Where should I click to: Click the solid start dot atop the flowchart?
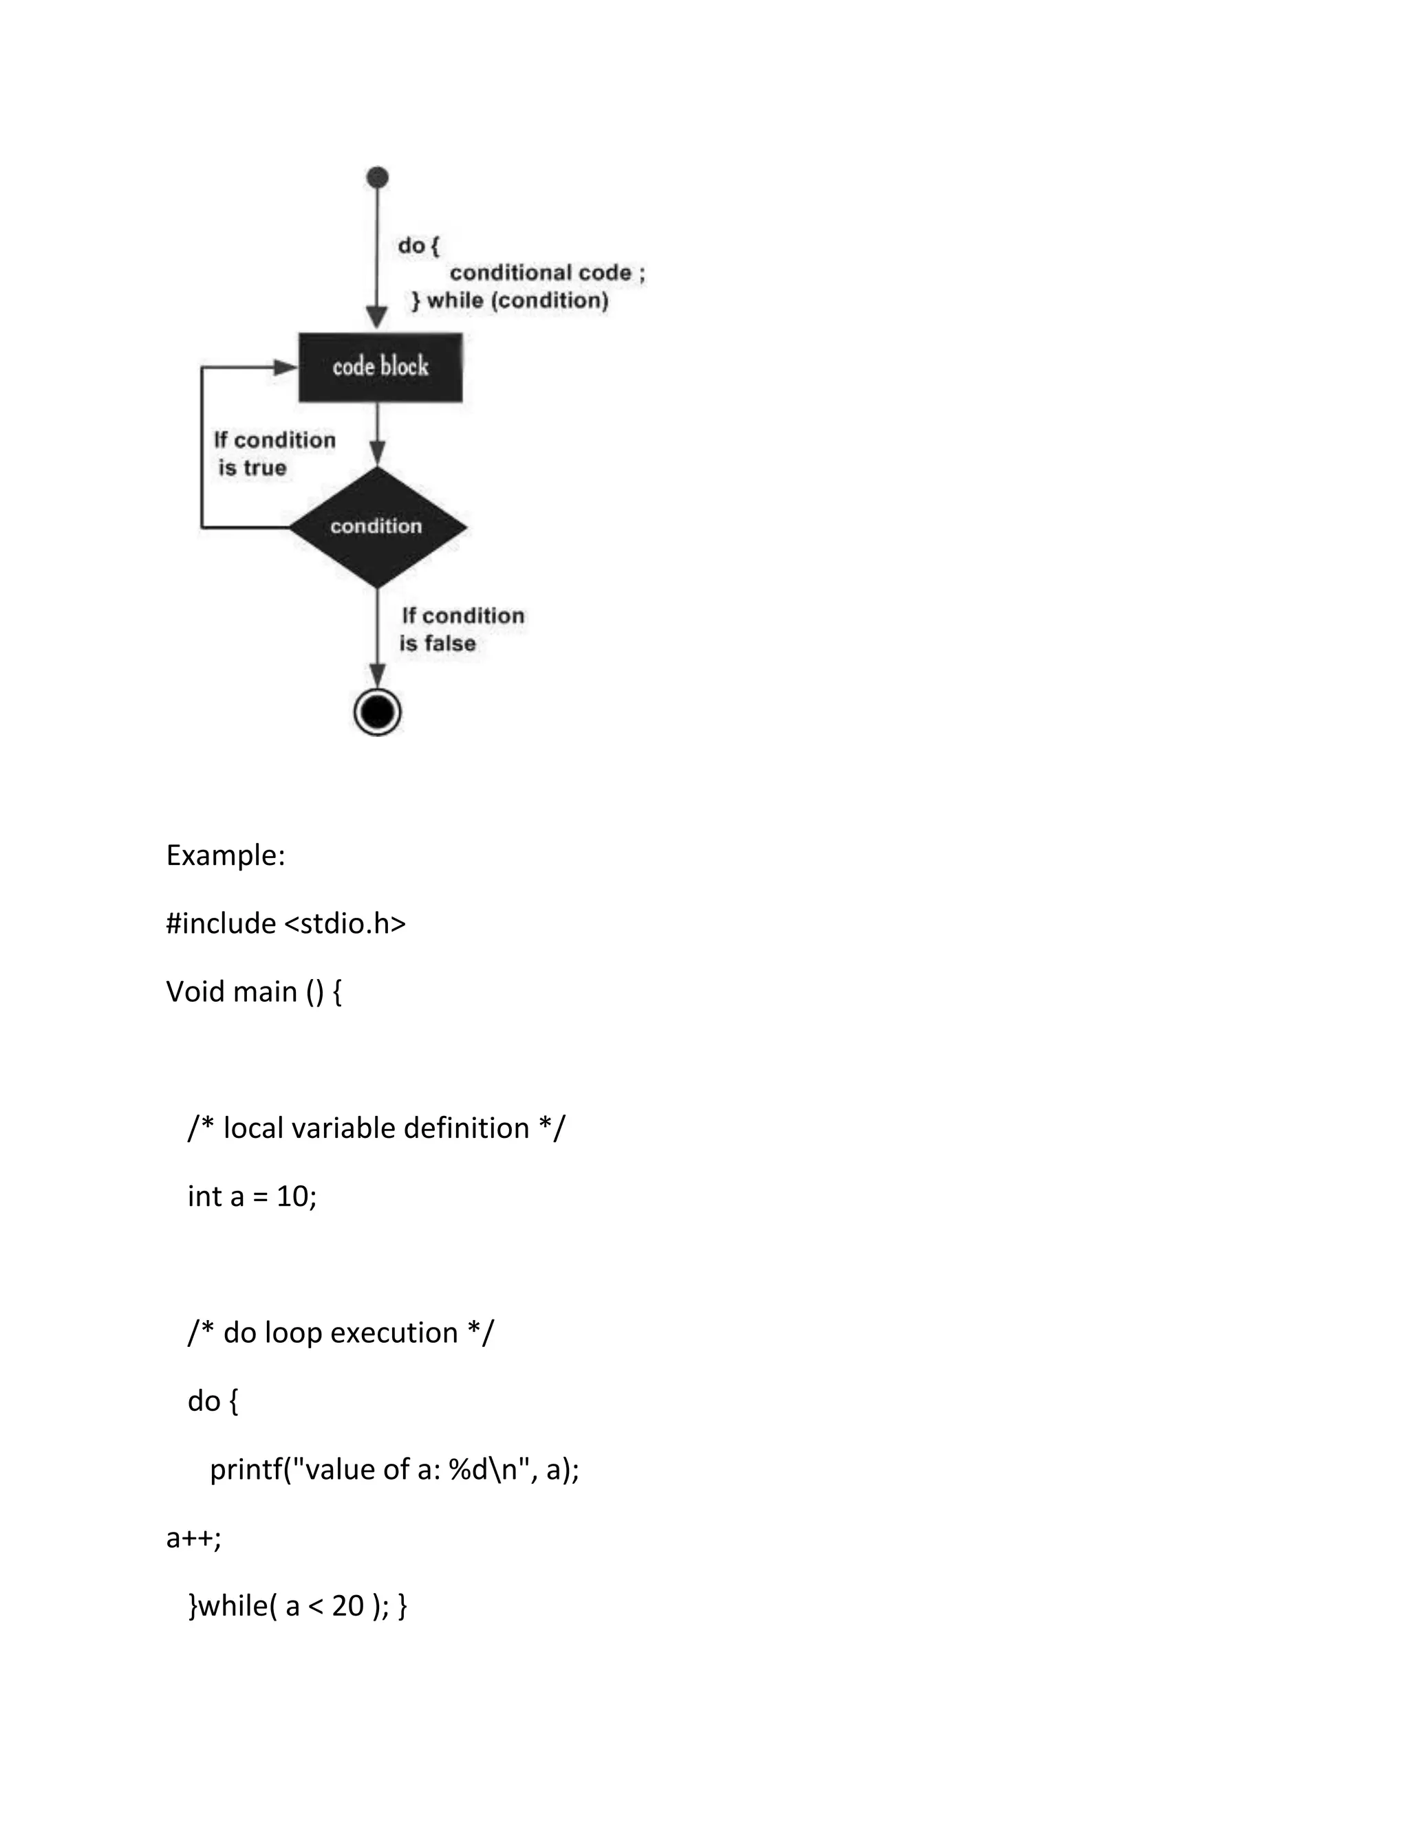[x=377, y=177]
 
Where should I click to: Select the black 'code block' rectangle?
[x=380, y=367]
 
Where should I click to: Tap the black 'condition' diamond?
[x=377, y=527]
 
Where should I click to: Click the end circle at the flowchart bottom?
[x=377, y=712]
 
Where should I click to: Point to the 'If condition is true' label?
[x=274, y=454]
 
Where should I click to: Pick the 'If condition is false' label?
[x=462, y=629]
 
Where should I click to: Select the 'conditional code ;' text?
[x=547, y=273]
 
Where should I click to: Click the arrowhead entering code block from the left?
[x=286, y=367]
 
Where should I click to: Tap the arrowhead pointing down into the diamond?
[x=377, y=453]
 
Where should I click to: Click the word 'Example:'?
[x=226, y=855]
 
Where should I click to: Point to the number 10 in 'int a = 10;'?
[x=292, y=1196]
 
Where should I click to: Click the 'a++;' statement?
[x=193, y=1537]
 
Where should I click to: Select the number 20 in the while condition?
[x=347, y=1606]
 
